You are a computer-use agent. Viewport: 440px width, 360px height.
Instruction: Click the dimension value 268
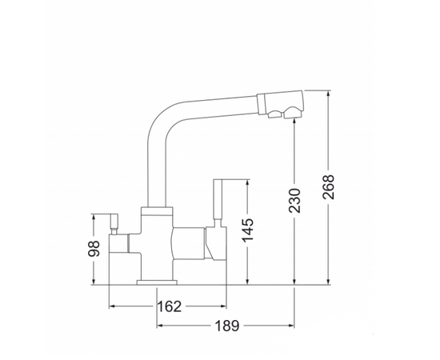[329, 187]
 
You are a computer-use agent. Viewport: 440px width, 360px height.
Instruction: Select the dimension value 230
[294, 201]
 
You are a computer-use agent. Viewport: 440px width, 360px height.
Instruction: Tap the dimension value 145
[247, 230]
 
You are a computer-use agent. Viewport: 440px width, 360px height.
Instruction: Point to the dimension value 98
[94, 249]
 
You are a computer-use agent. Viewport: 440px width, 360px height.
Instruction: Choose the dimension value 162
[170, 306]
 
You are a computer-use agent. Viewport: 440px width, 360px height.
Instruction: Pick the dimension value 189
[227, 326]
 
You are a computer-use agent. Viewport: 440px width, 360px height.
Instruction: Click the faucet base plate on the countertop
[157, 282]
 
